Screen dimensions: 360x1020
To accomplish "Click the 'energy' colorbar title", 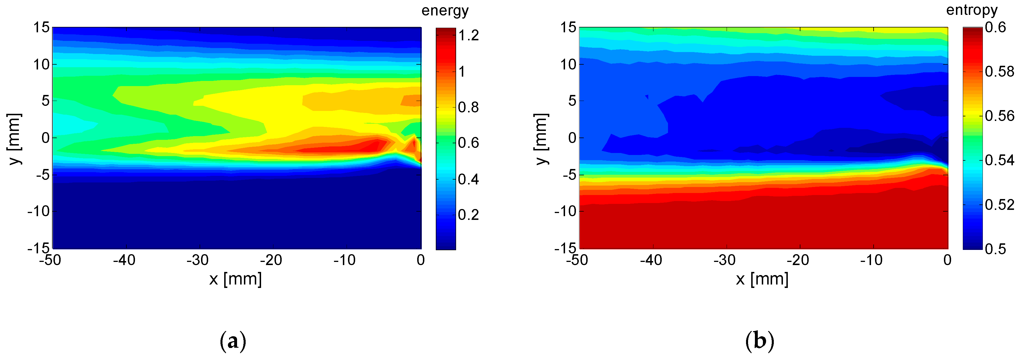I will point(445,11).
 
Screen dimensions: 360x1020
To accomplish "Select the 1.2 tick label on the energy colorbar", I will point(468,36).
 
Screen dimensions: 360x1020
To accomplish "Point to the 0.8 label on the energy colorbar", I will point(468,107).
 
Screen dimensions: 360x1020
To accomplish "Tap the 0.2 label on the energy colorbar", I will point(468,215).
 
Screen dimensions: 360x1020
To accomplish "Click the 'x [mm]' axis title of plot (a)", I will point(236,279).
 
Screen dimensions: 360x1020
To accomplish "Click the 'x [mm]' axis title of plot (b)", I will point(762,279).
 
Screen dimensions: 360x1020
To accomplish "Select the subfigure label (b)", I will point(759,341).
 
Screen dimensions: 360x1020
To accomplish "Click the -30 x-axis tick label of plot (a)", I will point(198,260).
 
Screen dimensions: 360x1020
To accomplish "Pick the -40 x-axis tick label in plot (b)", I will point(651,260).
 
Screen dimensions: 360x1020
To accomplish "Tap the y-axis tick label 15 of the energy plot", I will point(41,28).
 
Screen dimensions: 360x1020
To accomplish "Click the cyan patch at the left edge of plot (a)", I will point(71,125).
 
